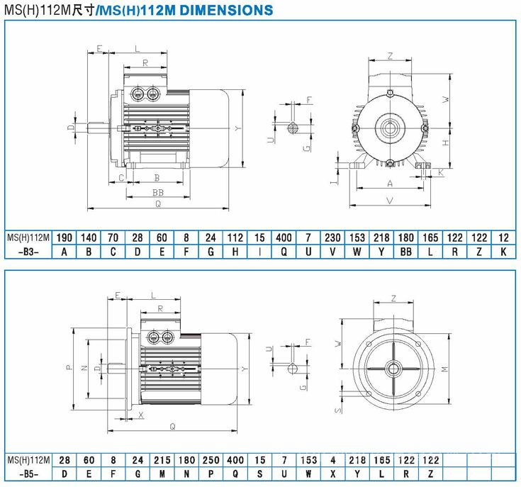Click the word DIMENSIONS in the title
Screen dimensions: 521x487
(226, 10)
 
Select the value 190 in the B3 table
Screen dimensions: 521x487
(64, 238)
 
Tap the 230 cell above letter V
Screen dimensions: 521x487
(332, 238)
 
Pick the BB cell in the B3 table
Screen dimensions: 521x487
(405, 252)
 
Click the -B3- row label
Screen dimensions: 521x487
(28, 252)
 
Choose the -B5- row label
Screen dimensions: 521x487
(28, 474)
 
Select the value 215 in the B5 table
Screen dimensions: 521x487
(162, 460)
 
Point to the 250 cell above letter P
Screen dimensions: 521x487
(211, 460)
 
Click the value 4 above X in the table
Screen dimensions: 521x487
(333, 460)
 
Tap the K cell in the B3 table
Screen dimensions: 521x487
(503, 252)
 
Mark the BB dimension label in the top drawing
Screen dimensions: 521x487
(158, 192)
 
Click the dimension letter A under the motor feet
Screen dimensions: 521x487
(390, 184)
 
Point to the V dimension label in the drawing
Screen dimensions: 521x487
(390, 201)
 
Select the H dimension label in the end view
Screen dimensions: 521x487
(446, 142)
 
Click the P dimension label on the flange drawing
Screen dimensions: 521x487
(69, 367)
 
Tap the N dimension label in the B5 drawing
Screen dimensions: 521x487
(84, 368)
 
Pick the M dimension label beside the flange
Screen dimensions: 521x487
(445, 369)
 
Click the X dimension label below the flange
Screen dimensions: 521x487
(141, 415)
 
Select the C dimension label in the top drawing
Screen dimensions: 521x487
(121, 178)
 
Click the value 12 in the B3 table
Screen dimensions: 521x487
(504, 238)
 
